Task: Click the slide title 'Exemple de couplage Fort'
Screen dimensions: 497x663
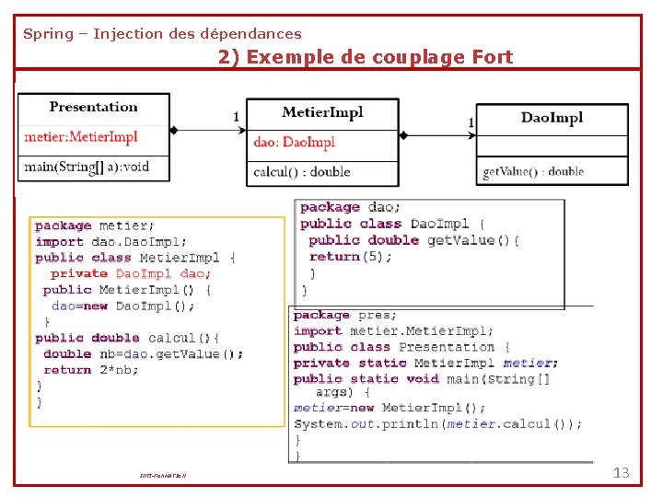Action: pyautogui.click(x=366, y=57)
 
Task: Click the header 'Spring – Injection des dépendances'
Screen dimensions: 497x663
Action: pyautogui.click(x=162, y=34)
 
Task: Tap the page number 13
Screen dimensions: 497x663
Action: pyautogui.click(x=621, y=473)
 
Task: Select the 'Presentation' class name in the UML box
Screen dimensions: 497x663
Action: pyautogui.click(x=93, y=107)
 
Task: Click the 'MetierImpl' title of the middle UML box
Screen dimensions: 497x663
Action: pyautogui.click(x=322, y=112)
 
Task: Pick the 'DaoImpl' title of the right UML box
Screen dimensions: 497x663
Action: pyautogui.click(x=552, y=117)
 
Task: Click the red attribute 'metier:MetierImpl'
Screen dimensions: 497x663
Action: pyautogui.click(x=81, y=137)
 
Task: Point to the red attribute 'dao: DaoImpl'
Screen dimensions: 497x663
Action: pyautogui.click(x=295, y=142)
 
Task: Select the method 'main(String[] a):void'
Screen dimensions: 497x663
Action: pyautogui.click(x=86, y=167)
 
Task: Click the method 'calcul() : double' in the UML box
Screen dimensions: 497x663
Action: pyautogui.click(x=302, y=171)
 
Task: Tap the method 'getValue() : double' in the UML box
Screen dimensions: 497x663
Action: pyautogui.click(x=533, y=171)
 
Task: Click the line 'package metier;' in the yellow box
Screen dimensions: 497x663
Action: pyautogui.click(x=95, y=225)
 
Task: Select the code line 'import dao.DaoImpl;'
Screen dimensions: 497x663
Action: pyautogui.click(x=110, y=241)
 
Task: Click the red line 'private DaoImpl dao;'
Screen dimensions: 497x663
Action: pyautogui.click(x=131, y=273)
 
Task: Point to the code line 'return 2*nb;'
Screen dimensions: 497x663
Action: pyautogui.click(x=86, y=370)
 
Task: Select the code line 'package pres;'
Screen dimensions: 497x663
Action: pyautogui.click(x=343, y=315)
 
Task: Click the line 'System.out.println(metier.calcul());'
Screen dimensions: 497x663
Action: pyautogui.click(x=437, y=424)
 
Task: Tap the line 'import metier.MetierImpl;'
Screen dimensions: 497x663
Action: pyautogui.click(x=393, y=331)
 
